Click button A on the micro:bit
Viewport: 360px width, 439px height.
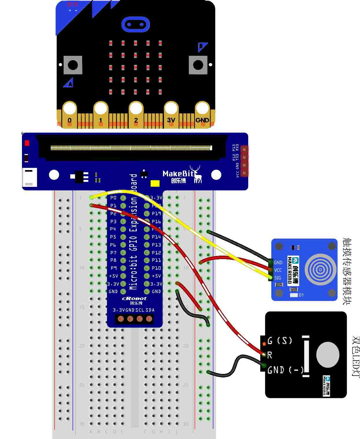73,65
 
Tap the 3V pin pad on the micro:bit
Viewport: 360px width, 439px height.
171,115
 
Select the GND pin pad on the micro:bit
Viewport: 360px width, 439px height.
202,115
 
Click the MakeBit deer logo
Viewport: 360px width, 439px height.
197,174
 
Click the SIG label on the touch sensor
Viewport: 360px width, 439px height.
278,278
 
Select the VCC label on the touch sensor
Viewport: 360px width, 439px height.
278,270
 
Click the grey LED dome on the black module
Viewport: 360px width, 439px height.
328,355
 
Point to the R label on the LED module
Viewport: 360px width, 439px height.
270,355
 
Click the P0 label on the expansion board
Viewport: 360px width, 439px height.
113,198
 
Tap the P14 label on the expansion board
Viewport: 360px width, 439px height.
156,237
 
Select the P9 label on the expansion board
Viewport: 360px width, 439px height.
114,268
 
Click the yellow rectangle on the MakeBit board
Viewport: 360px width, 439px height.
155,184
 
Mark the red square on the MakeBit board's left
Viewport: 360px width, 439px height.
27,143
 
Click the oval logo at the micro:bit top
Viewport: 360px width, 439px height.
136,24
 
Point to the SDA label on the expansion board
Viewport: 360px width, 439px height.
150,310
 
